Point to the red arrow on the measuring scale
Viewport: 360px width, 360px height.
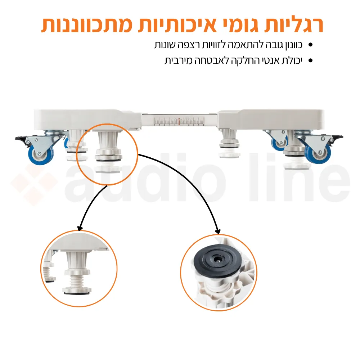point(179,121)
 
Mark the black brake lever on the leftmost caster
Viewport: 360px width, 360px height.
point(20,138)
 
